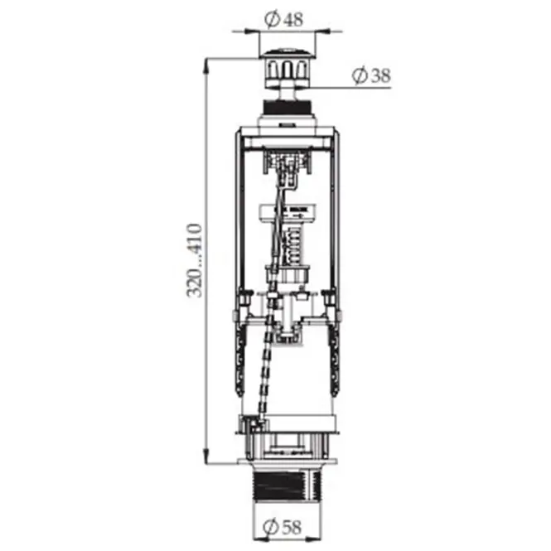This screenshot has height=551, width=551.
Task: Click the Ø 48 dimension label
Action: click(283, 19)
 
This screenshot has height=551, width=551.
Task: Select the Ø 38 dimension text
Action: click(371, 75)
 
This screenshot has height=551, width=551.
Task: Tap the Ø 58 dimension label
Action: click(283, 527)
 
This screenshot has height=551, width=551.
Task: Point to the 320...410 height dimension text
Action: click(194, 260)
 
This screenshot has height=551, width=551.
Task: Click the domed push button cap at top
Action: click(287, 53)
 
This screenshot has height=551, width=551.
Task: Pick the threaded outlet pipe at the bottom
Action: click(287, 486)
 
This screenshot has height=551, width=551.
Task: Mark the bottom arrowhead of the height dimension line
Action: click(206, 456)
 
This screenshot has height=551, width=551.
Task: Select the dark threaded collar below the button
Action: click(287, 107)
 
